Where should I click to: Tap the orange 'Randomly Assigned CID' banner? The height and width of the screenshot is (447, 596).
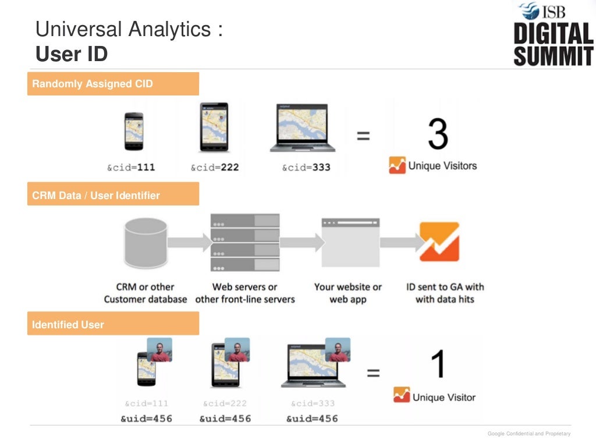(113, 84)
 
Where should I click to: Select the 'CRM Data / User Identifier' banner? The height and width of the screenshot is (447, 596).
(113, 196)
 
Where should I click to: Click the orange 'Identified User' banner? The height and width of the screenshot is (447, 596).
(113, 324)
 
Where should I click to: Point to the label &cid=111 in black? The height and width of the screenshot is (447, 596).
(131, 168)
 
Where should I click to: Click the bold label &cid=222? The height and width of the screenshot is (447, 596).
(215, 168)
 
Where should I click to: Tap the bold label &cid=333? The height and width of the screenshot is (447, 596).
(306, 168)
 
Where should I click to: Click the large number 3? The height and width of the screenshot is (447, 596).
(438, 134)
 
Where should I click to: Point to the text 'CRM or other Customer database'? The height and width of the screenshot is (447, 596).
(146, 293)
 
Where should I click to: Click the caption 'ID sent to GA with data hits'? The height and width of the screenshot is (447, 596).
(445, 293)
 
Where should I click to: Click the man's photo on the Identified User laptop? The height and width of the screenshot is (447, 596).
(338, 350)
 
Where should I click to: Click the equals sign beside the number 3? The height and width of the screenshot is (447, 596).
(363, 136)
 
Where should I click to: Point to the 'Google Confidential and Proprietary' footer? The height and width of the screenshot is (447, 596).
(528, 434)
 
